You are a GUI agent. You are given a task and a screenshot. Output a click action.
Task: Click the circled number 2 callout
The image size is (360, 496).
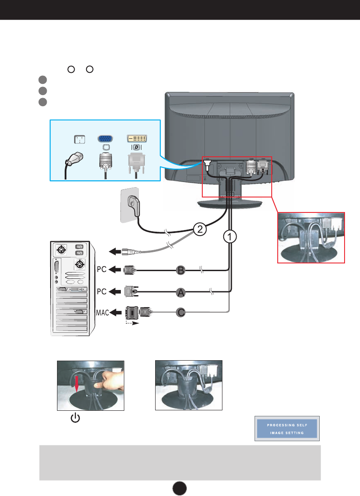pos(198,229)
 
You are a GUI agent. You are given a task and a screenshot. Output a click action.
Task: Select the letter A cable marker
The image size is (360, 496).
pos(181,293)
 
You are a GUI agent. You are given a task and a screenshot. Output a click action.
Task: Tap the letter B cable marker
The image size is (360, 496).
pos(181,270)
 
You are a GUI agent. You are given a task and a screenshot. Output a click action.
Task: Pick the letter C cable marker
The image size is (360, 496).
pos(181,313)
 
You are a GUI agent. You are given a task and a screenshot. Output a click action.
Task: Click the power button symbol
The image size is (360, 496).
pos(75,418)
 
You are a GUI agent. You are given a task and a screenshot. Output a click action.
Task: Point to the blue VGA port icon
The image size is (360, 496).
pos(105,139)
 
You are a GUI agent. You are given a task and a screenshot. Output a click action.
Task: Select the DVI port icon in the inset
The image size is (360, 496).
pos(137,139)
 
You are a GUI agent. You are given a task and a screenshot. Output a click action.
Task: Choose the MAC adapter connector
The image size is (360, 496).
pos(137,313)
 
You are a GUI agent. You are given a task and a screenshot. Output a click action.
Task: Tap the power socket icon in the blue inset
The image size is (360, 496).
pos(80,140)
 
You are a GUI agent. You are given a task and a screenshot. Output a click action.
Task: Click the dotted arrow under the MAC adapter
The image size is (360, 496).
pos(132,325)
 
